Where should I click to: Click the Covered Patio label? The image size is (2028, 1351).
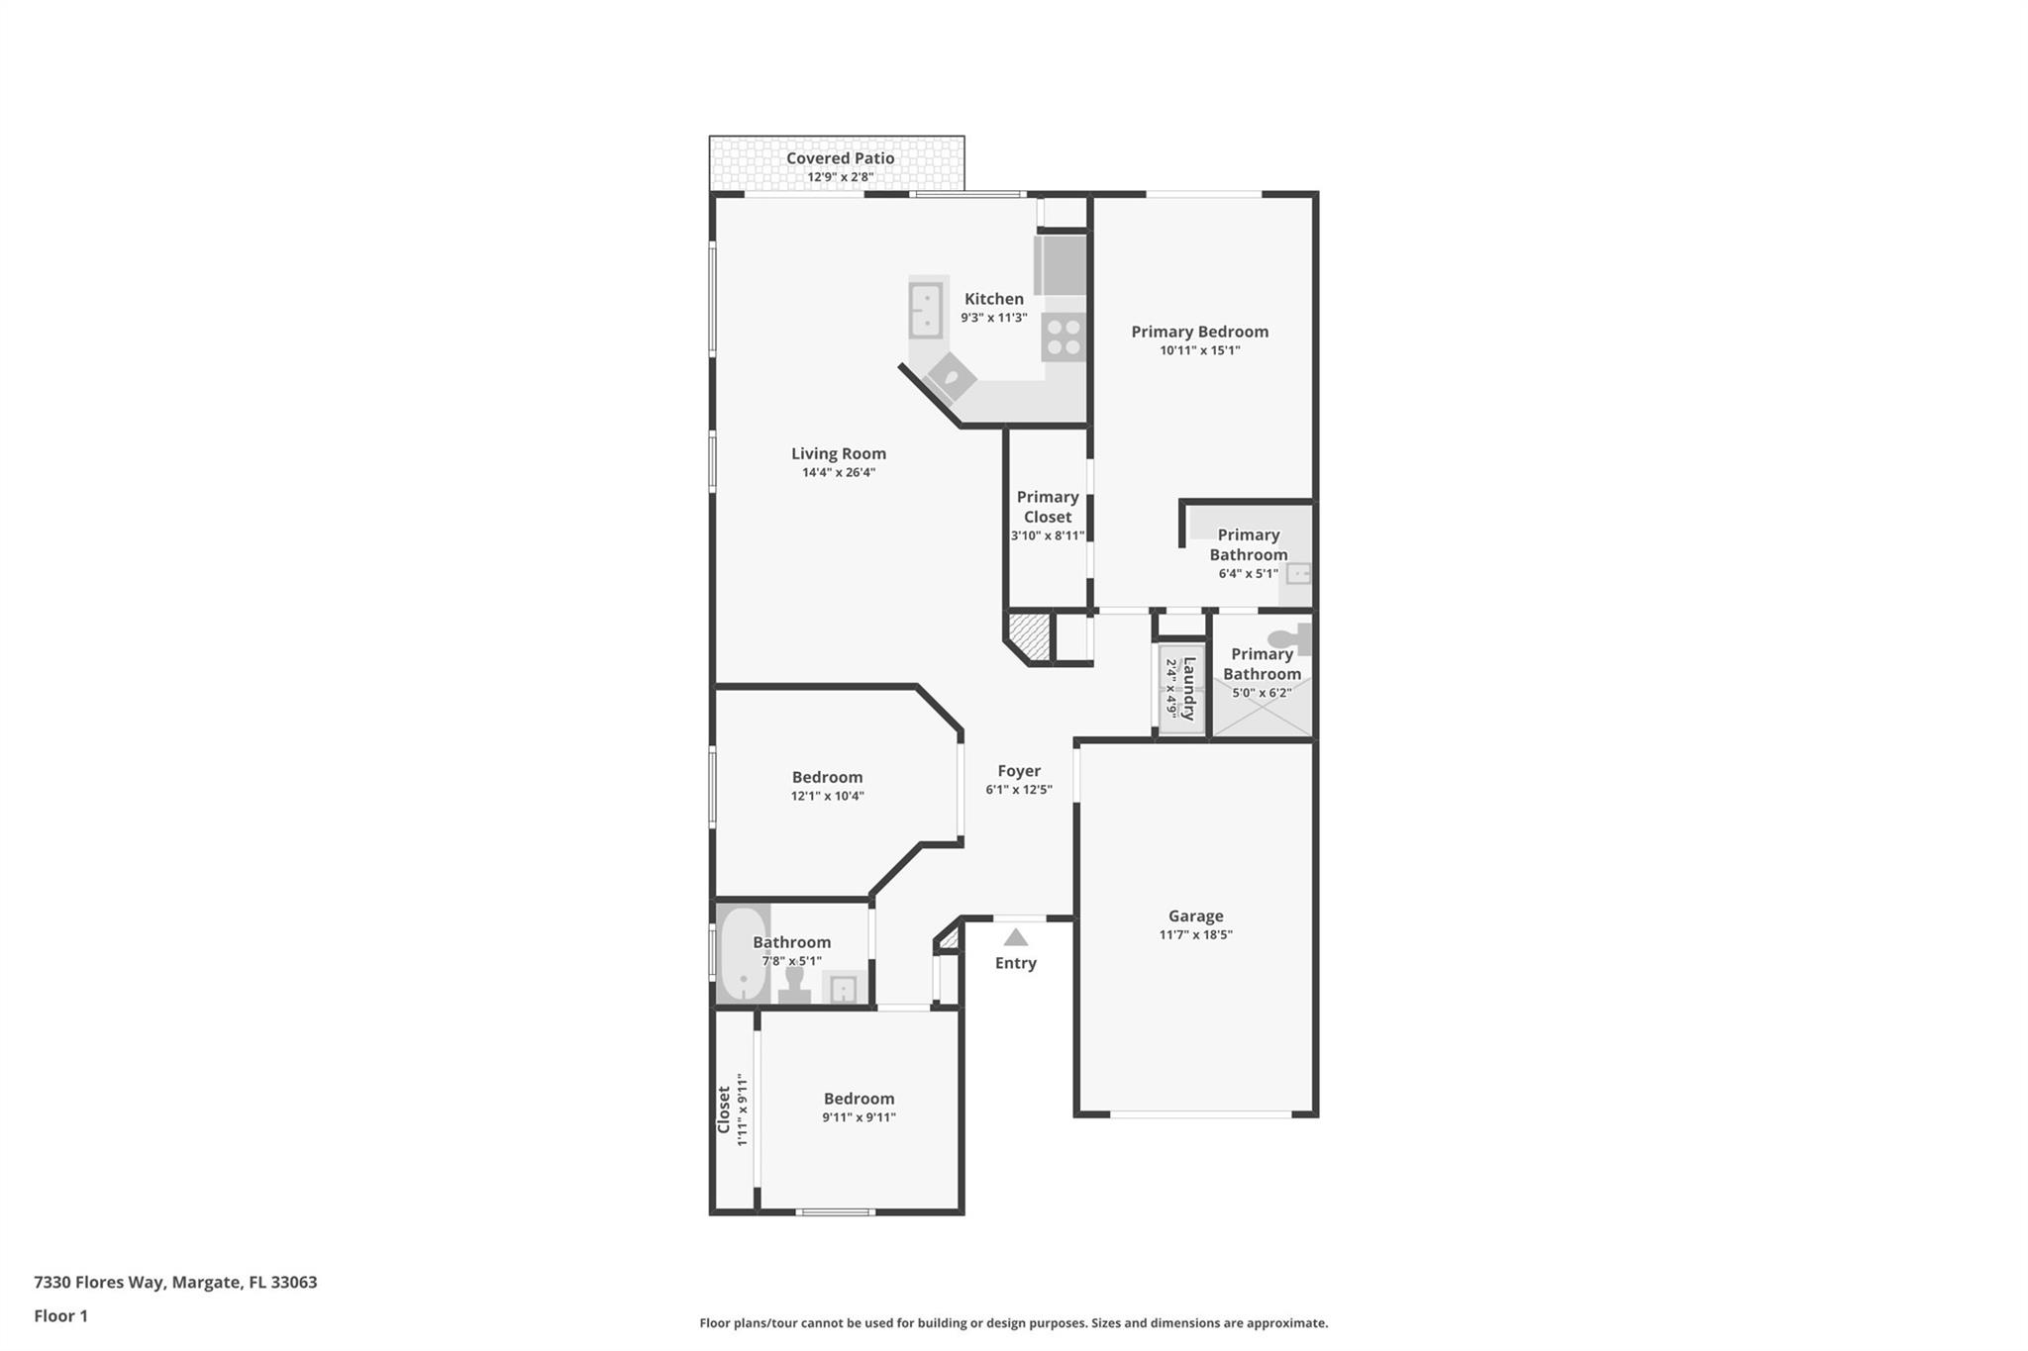point(840,158)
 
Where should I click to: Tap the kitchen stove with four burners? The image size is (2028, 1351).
point(1064,337)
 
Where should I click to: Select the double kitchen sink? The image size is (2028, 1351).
point(926,310)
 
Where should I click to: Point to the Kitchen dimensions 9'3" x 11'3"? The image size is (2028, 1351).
point(993,318)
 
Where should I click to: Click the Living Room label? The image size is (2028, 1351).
point(838,453)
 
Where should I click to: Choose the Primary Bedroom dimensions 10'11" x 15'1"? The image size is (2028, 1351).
point(1199,350)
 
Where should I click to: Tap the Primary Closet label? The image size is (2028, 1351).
point(1047,507)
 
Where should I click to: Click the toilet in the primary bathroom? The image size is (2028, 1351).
point(1290,639)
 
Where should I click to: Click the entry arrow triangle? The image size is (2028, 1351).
point(1016,937)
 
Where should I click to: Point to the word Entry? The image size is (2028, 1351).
point(1015,963)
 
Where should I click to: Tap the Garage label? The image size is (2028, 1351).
point(1195,916)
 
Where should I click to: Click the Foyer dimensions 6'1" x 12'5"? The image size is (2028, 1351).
point(1018,790)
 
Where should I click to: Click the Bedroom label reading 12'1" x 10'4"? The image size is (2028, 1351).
point(827,777)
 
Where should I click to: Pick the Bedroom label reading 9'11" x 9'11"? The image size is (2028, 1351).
point(859,1099)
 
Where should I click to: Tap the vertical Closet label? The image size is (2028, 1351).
point(724,1110)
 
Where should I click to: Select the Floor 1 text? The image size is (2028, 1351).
point(60,1315)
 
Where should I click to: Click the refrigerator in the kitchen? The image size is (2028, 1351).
point(1061,264)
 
